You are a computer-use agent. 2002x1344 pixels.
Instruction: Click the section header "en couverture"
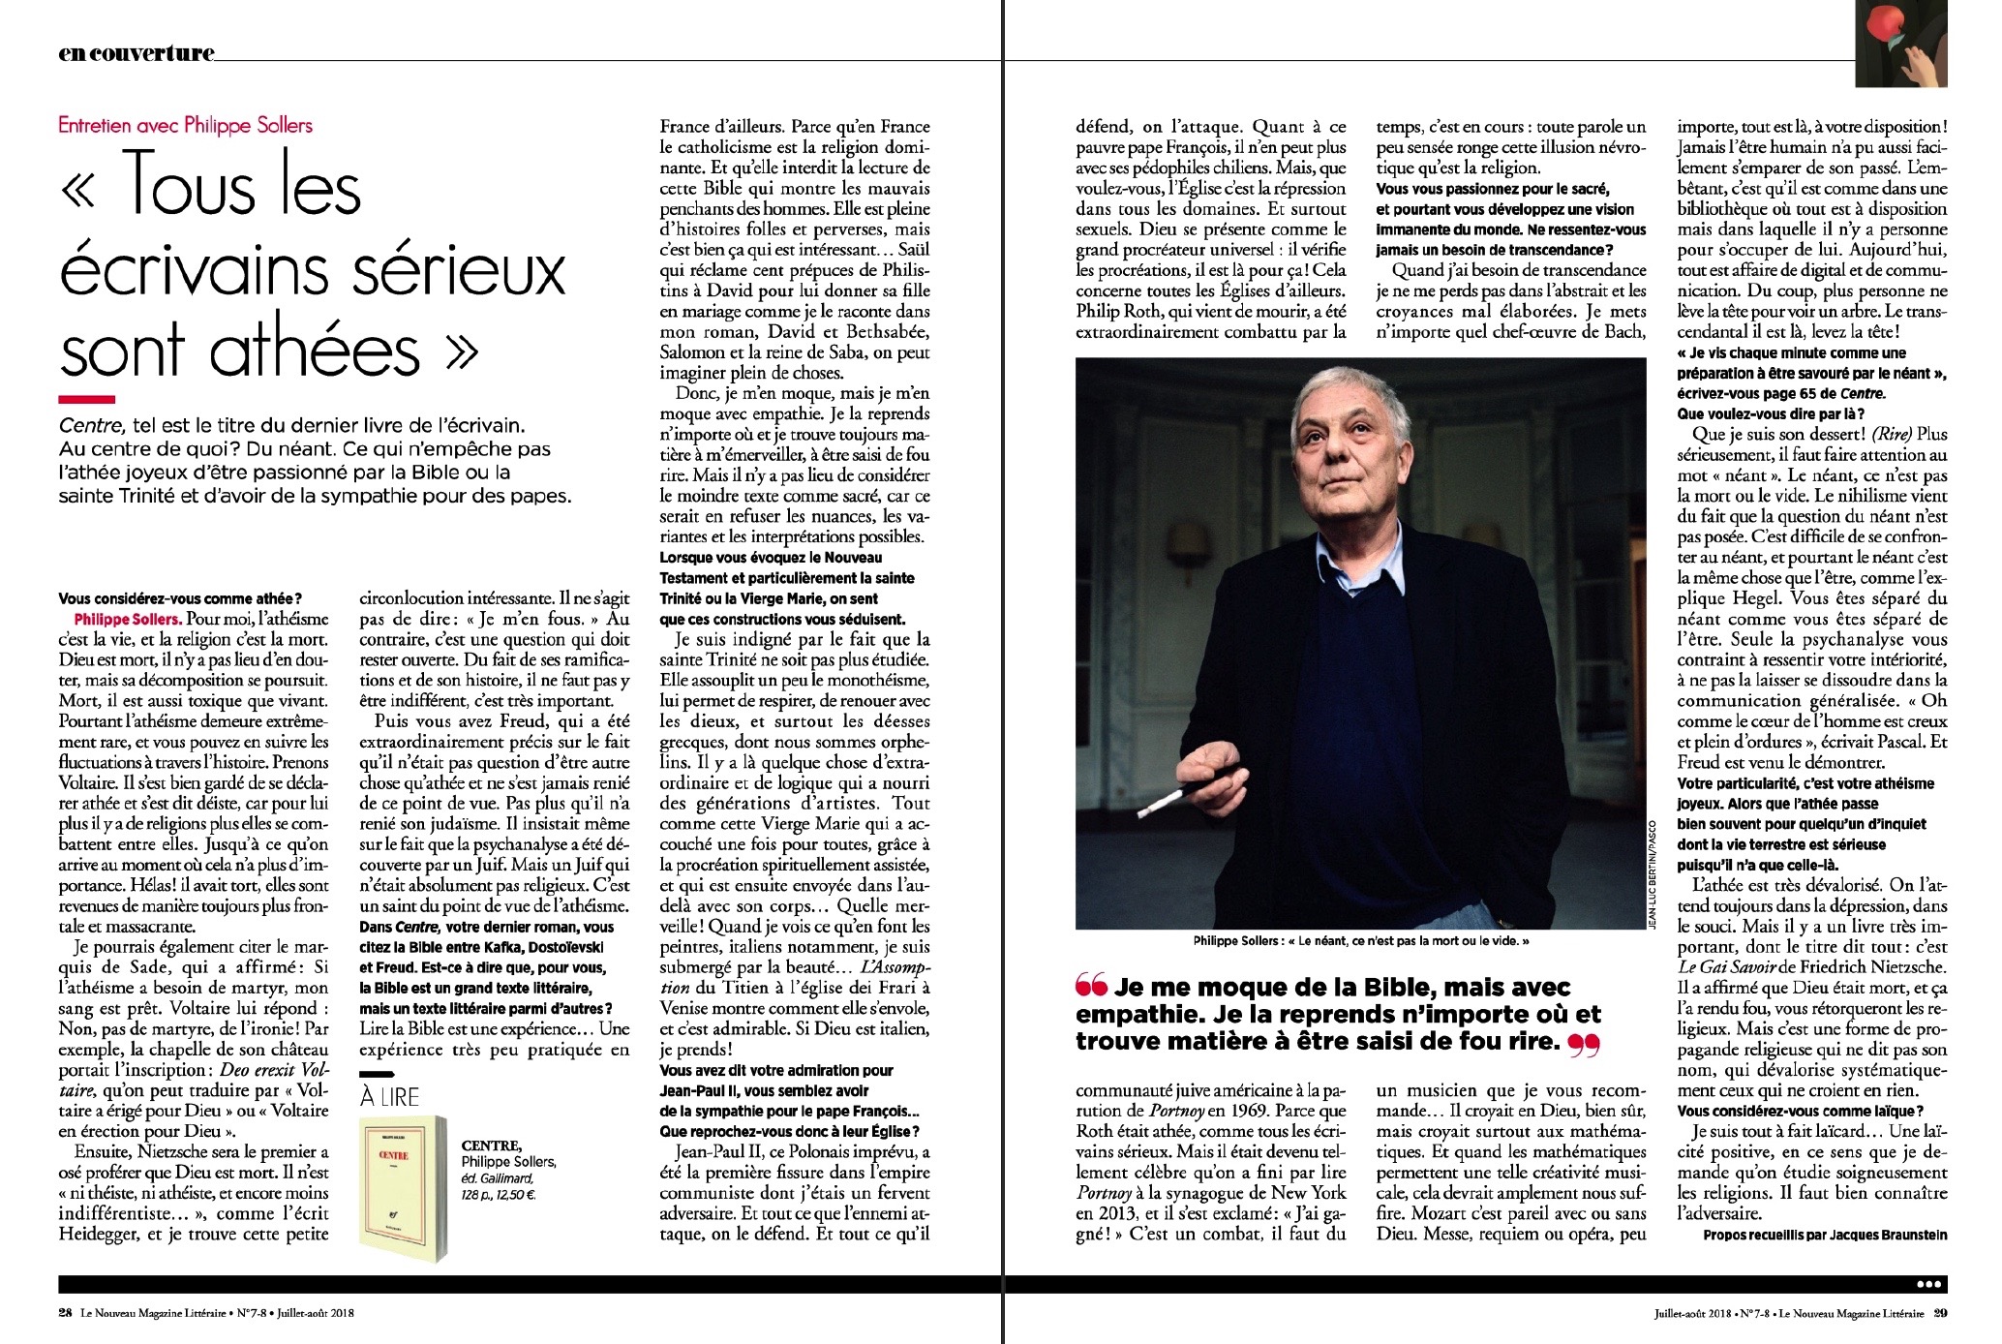pyautogui.click(x=136, y=53)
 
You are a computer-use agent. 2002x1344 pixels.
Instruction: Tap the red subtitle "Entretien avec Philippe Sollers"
pyautogui.click(x=186, y=125)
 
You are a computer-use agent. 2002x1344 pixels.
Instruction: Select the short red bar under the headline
pyautogui.click(x=86, y=399)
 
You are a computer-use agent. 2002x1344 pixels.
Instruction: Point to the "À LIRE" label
pyautogui.click(x=389, y=1097)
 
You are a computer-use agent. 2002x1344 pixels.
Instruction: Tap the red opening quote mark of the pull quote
pyautogui.click(x=1090, y=988)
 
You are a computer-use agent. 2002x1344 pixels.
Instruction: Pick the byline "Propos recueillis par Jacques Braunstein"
pyautogui.click(x=1825, y=1235)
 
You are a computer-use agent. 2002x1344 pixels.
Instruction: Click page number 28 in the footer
pyautogui.click(x=65, y=1314)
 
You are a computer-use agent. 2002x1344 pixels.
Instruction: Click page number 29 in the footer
pyautogui.click(x=1939, y=1314)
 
